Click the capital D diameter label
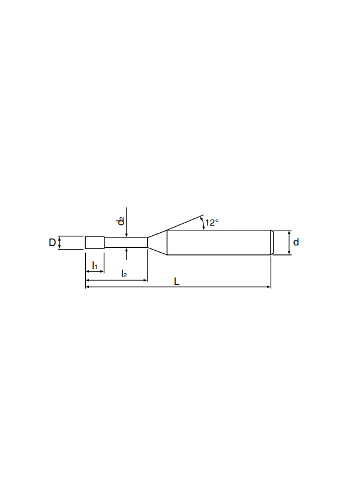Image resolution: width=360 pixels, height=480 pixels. (52, 242)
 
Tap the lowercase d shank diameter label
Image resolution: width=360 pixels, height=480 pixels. (296, 242)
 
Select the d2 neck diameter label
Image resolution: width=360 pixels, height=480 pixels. (121, 221)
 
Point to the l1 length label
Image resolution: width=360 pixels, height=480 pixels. (95, 265)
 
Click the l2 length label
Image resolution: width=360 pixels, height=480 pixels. (124, 274)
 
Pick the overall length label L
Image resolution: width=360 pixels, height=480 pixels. (176, 281)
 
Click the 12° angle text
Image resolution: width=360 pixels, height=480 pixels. (212, 223)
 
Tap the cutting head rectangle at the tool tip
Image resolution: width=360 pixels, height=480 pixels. (95, 242)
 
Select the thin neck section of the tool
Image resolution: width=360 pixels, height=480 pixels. (126, 242)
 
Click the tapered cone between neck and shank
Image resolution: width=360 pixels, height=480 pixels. (157, 242)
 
